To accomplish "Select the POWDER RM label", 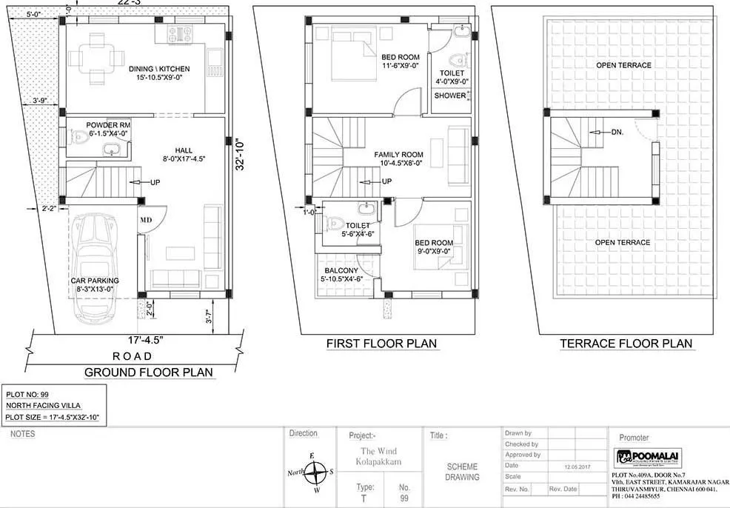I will (108, 126).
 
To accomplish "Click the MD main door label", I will (145, 220).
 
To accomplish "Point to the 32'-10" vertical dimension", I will (238, 156).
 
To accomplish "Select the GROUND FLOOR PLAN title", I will (148, 372).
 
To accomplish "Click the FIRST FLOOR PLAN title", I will (381, 344).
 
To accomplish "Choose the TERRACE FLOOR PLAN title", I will (626, 344).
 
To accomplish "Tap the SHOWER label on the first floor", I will (450, 96).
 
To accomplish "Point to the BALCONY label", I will (339, 272).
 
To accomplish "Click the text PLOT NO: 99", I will (27, 395).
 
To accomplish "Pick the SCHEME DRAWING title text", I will (463, 472).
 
